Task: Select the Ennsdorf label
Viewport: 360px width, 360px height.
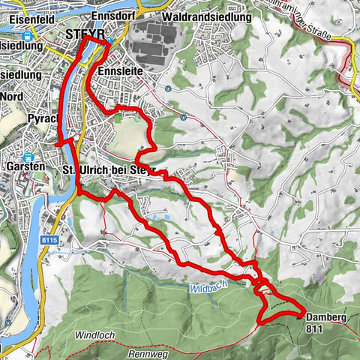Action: [110, 16]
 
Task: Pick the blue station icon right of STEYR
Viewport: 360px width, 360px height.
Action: [109, 41]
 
